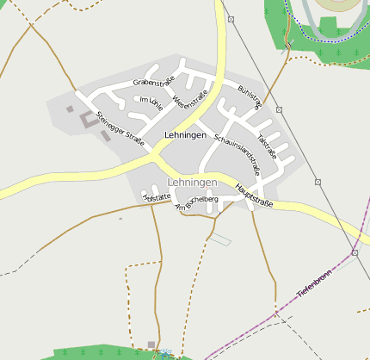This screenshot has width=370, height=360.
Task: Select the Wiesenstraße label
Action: (x=189, y=103)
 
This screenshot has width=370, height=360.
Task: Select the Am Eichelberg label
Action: (x=196, y=202)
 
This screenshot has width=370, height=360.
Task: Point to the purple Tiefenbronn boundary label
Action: (x=314, y=283)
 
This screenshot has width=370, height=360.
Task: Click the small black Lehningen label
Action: (x=185, y=136)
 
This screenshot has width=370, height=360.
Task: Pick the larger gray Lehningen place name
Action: (x=193, y=183)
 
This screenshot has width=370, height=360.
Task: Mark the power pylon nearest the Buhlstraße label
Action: (x=280, y=109)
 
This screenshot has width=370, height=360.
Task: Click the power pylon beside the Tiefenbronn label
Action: (x=355, y=253)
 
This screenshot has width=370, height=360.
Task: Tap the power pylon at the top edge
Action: (x=231, y=18)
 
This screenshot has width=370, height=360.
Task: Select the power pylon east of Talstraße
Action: (x=318, y=182)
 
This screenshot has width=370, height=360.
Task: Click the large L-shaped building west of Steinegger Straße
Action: (x=88, y=120)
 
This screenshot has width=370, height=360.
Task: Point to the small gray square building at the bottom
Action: (x=151, y=344)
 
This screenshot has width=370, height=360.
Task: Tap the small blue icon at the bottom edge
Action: (x=164, y=353)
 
